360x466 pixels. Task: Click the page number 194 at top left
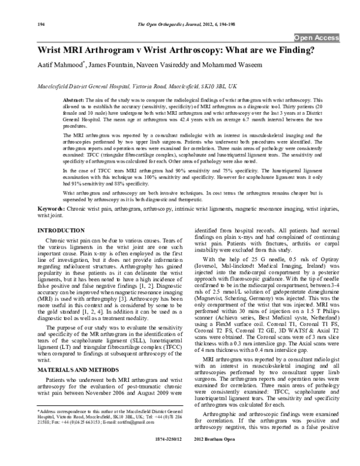(x=41, y=24)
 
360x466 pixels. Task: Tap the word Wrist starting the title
(x=52, y=50)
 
